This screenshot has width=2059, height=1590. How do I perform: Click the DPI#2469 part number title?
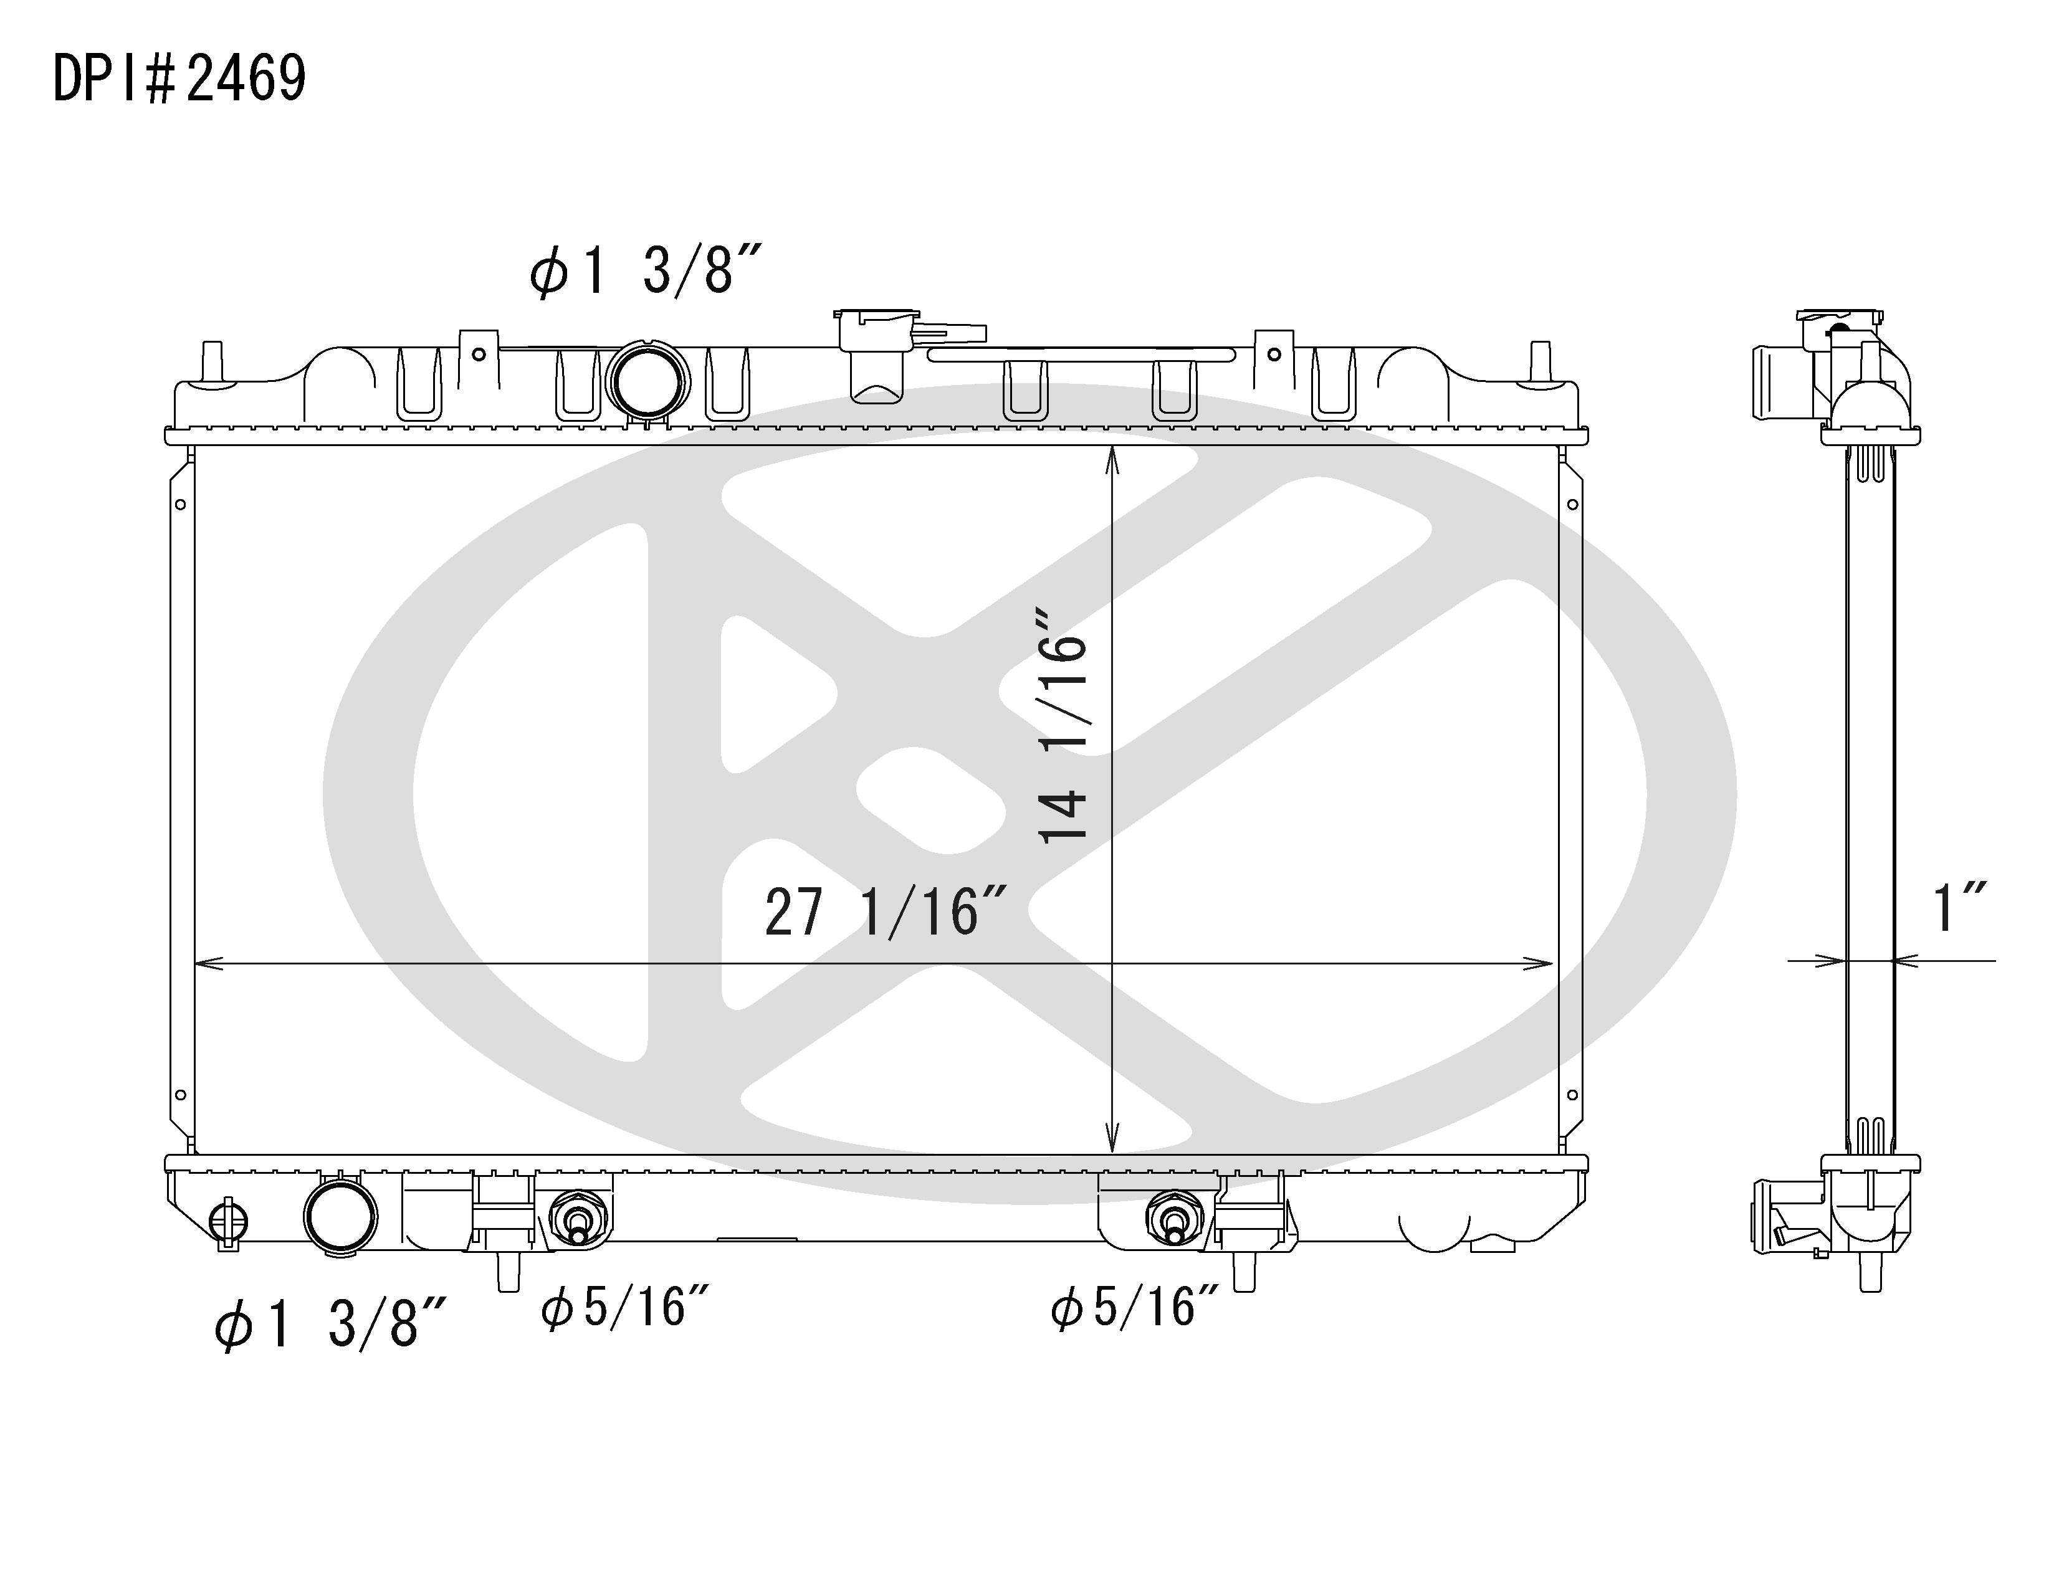click(x=179, y=79)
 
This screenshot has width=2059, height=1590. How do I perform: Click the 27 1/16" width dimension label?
click(x=886, y=912)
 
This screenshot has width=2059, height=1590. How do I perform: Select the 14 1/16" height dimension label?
click(x=1063, y=724)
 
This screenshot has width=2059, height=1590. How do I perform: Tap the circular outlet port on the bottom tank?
click(x=340, y=1217)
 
